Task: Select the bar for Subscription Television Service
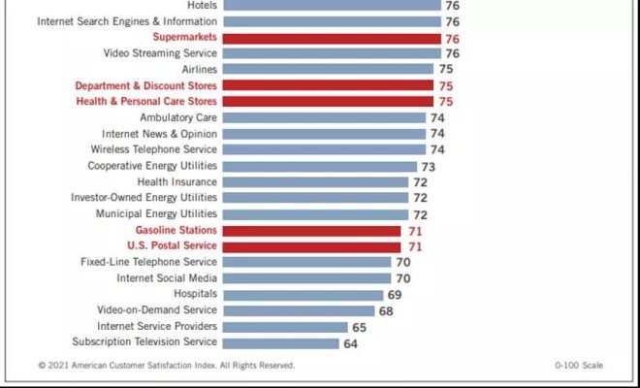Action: pyautogui.click(x=281, y=342)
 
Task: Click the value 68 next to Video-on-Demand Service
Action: pyautogui.click(x=386, y=310)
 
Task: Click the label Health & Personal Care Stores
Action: pyautogui.click(x=146, y=101)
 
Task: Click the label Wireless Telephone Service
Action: pyautogui.click(x=153, y=149)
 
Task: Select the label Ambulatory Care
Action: pyautogui.click(x=178, y=117)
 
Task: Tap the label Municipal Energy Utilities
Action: pyautogui.click(x=156, y=213)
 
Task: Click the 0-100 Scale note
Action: pyautogui.click(x=579, y=366)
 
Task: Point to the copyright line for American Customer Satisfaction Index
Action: pyautogui.click(x=166, y=366)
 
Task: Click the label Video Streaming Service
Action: pyautogui.click(x=159, y=53)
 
